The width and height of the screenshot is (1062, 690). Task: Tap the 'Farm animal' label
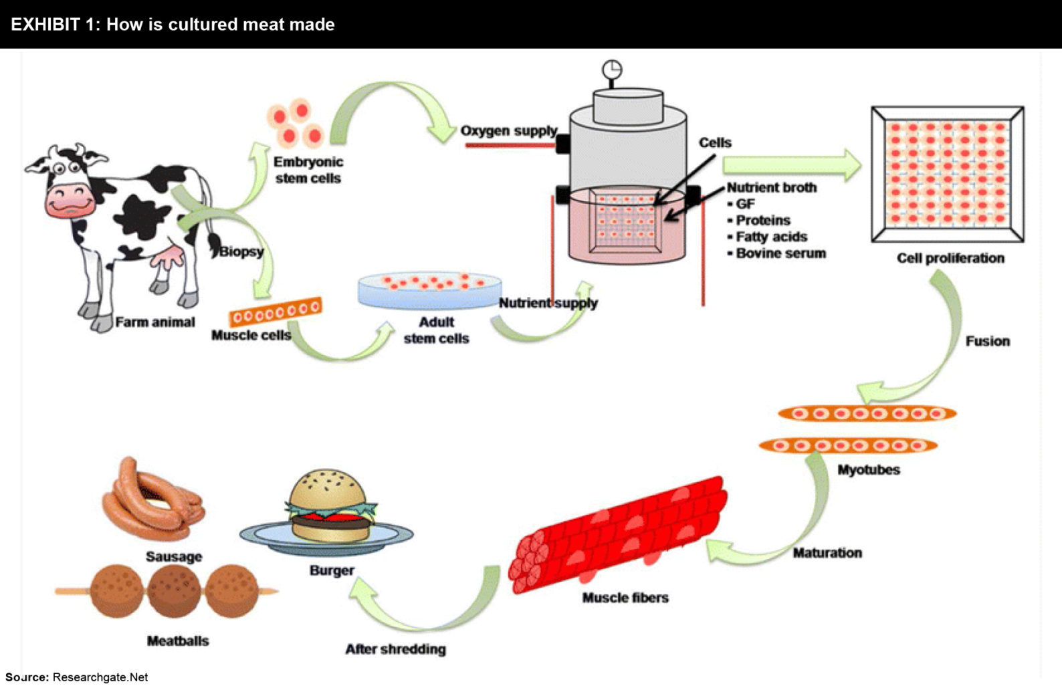coord(155,322)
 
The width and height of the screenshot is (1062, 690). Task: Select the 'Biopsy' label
coord(241,252)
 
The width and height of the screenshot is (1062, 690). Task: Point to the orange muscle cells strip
coord(276,312)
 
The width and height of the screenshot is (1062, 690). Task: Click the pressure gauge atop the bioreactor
coord(612,70)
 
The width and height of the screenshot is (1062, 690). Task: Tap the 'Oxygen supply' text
coord(509,131)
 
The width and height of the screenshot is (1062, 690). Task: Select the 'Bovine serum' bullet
coord(780,253)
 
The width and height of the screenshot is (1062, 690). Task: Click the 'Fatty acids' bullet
coord(770,237)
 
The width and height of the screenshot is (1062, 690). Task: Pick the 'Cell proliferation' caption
coord(950,258)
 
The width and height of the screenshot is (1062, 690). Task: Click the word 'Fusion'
coord(987,341)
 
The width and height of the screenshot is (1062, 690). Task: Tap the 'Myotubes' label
coord(868,470)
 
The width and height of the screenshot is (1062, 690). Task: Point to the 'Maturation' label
coord(827,553)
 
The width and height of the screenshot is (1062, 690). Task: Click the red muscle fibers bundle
coord(619,535)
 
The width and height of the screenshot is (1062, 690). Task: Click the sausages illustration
coord(152,501)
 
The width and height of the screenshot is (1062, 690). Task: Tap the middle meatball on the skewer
coord(174,591)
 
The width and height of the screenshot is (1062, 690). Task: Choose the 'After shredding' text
coord(395,649)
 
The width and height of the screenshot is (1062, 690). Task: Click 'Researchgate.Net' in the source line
coord(100,677)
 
